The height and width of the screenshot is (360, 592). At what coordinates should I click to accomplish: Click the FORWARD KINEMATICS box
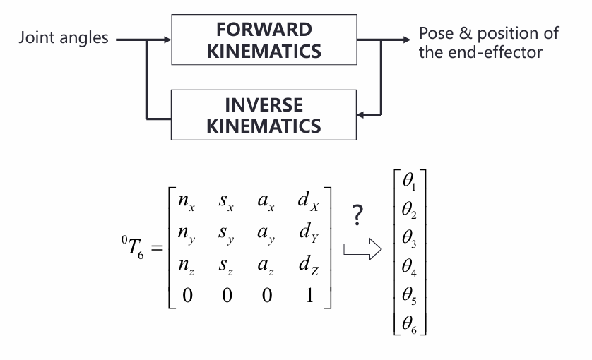pyautogui.click(x=264, y=40)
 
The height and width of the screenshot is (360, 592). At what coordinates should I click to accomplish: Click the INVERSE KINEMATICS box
pyautogui.click(x=264, y=116)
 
